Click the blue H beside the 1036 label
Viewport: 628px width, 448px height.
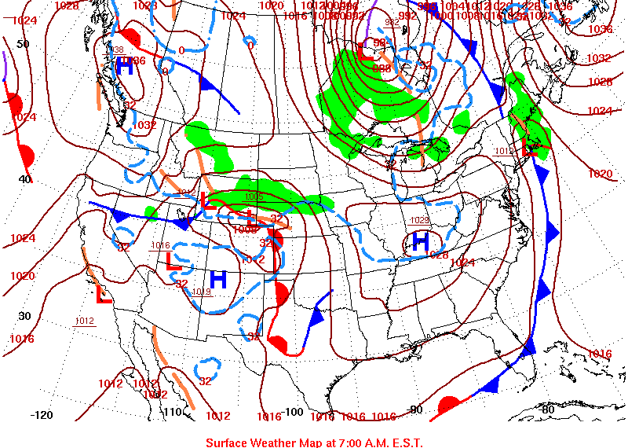click(124, 67)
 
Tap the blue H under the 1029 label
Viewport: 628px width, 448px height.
click(421, 241)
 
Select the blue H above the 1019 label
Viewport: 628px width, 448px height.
click(218, 278)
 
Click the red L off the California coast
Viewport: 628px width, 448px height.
click(102, 296)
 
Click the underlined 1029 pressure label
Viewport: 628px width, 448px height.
click(421, 219)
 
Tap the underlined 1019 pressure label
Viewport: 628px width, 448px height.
click(201, 292)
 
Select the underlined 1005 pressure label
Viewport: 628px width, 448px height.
click(254, 196)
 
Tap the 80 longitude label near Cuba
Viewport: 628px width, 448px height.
click(547, 409)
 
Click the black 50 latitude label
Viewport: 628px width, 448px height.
click(23, 44)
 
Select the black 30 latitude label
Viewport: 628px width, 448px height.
click(24, 316)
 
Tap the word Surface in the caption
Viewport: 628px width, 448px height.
click(226, 442)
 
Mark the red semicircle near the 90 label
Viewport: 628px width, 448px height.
click(449, 406)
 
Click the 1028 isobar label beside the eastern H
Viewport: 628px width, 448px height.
click(440, 254)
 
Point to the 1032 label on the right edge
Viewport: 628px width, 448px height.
click(598, 58)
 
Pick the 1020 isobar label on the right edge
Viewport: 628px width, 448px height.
click(600, 174)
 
